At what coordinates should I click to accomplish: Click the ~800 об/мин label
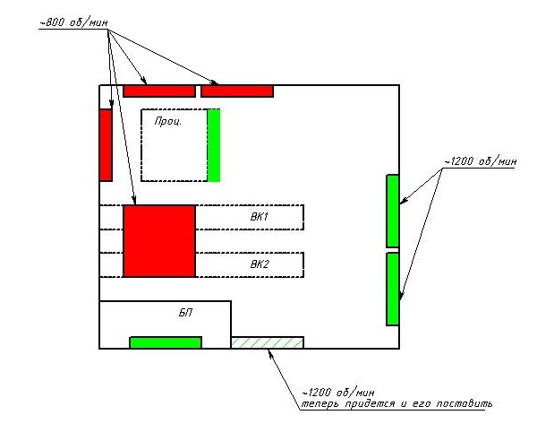73,22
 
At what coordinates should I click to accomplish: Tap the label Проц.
168,121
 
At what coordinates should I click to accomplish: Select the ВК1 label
260,217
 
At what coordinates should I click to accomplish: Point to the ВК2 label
260,264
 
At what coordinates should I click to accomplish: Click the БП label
185,313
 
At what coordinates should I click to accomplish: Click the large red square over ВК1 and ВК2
159,241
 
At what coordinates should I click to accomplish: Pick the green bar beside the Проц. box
214,145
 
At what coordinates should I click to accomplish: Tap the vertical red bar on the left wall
106,145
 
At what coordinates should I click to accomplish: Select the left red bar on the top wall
159,91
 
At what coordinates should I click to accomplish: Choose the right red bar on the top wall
237,91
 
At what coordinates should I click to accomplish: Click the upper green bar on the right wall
393,211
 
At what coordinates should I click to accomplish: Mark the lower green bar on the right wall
393,289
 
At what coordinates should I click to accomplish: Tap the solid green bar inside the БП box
166,342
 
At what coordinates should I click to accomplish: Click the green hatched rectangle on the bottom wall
267,342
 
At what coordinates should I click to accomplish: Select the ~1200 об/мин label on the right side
480,161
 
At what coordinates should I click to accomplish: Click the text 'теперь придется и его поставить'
396,403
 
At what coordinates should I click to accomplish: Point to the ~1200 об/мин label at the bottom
338,393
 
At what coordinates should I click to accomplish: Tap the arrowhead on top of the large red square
134,201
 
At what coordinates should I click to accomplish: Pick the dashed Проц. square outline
141,145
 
